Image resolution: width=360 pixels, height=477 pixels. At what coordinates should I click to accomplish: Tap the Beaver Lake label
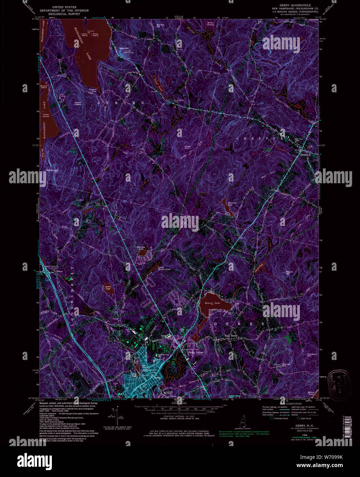click(x=212, y=303)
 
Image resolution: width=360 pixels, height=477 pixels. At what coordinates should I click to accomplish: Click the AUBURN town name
click(x=120, y=103)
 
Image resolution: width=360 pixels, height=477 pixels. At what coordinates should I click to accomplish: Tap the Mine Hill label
click(x=124, y=48)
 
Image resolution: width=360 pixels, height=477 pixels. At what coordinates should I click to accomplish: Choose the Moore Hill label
click(x=289, y=273)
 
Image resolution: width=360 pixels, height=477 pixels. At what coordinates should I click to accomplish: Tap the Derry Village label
click(x=196, y=352)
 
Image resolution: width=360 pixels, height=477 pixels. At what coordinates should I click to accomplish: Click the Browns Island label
click(x=44, y=86)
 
